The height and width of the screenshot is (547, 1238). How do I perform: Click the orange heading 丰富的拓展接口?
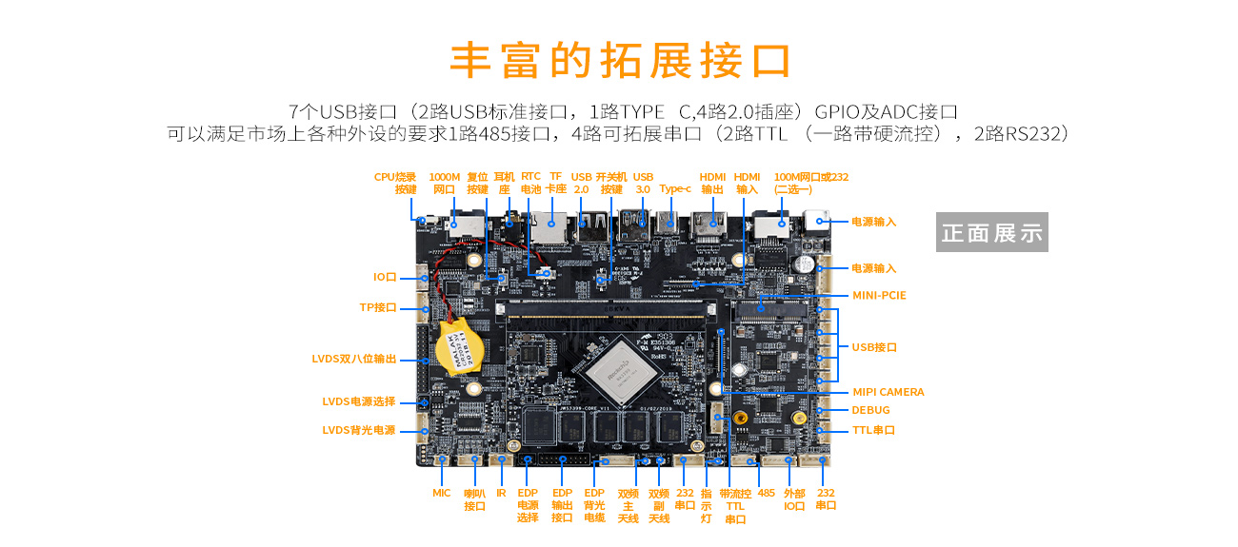pos(620,60)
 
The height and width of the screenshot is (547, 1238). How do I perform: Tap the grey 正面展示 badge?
pos(991,232)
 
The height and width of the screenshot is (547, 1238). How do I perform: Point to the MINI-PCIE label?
pos(879,296)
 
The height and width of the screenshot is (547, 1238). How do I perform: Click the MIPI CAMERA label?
pos(888,392)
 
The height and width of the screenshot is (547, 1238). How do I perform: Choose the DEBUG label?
pos(870,410)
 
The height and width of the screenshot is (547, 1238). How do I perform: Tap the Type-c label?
pos(675,188)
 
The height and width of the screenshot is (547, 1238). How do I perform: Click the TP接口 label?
pos(377,307)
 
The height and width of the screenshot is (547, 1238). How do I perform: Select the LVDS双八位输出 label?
pos(353,360)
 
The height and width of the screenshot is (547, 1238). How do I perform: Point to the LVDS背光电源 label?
pos(358,430)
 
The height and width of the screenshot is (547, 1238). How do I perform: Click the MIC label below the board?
pos(442,493)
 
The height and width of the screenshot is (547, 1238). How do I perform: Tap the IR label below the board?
pos(501,493)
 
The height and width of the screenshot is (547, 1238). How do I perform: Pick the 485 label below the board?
pos(767,493)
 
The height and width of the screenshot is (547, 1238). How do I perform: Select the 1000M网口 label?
pos(445,183)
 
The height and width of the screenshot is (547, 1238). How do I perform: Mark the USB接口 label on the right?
pos(874,347)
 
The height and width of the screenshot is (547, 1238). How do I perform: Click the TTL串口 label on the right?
pos(873,430)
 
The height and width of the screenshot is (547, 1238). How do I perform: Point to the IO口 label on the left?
pos(385,277)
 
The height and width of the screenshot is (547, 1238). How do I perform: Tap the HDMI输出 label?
pos(712,183)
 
